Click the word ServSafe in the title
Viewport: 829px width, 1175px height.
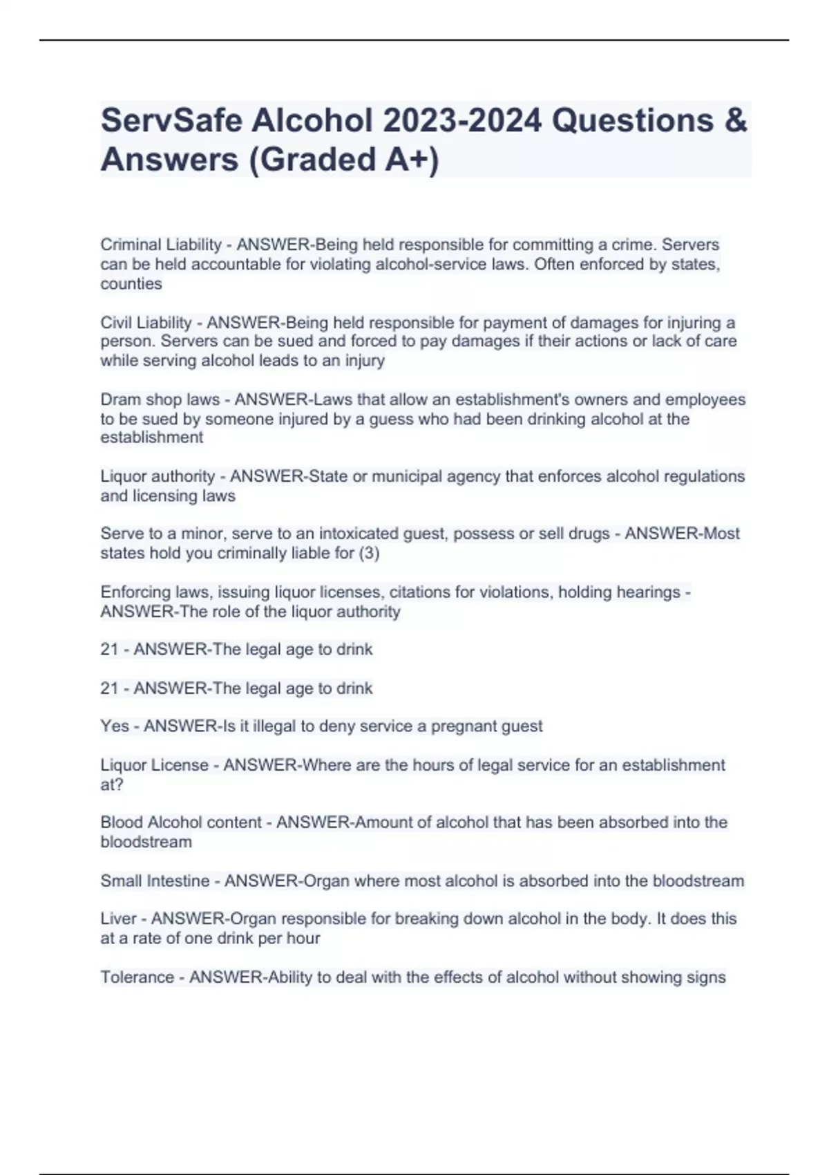[171, 121]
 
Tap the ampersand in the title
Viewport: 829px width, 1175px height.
[736, 121]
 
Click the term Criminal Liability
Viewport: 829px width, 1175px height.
[161, 245]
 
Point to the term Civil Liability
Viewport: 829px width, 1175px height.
[146, 323]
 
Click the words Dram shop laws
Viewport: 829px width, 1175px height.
[160, 399]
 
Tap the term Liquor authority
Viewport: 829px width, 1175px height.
[158, 476]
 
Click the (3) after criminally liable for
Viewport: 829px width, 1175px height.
[370, 553]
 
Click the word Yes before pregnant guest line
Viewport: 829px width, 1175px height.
[115, 726]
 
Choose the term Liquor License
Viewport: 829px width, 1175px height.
[154, 765]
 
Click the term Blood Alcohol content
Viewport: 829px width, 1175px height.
[181, 822]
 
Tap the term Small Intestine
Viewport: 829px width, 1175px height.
[155, 881]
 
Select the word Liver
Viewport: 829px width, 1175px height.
[118, 919]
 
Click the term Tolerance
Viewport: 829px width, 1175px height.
[137, 977]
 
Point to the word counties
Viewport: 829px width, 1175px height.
[131, 284]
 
